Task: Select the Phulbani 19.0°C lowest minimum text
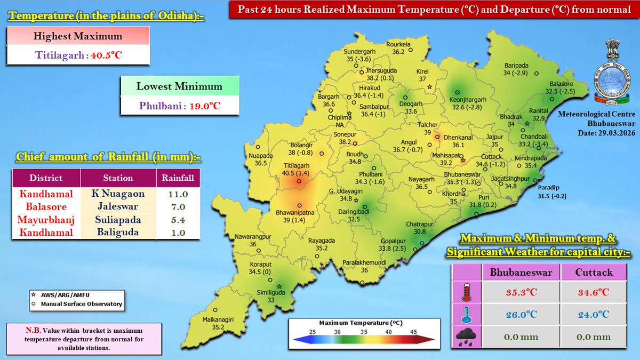[x=180, y=105]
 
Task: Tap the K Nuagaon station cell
[x=117, y=194]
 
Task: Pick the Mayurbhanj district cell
[x=46, y=220]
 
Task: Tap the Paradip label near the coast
[x=549, y=188]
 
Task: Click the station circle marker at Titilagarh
[x=299, y=182]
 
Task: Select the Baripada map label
[x=516, y=66]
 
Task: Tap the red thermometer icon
[x=467, y=292]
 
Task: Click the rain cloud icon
[x=467, y=337]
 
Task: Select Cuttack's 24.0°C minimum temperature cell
[x=593, y=315]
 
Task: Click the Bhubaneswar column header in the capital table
[x=521, y=272]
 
